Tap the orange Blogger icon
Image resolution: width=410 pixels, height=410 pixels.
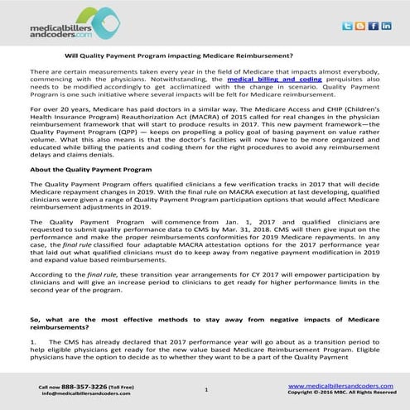(x=359, y=27)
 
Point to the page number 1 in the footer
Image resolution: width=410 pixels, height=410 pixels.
(x=205, y=388)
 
